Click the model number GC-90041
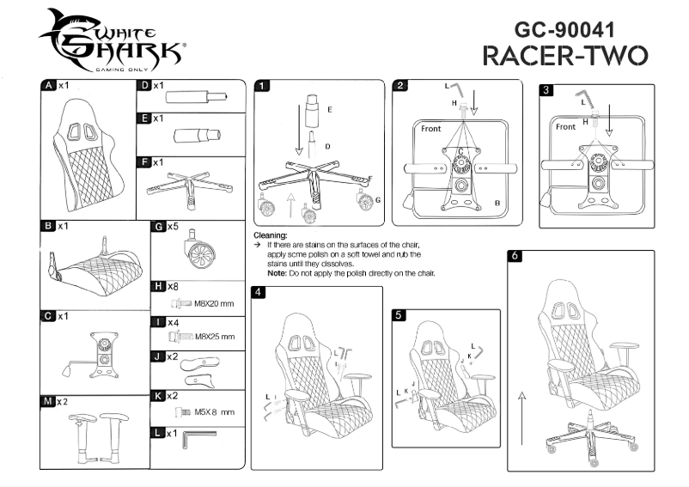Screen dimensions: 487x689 pos(568,27)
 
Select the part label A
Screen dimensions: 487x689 pos(49,86)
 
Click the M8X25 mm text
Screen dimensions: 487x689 pos(215,337)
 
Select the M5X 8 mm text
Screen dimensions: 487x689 pos(215,412)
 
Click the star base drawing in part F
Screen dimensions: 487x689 pos(188,184)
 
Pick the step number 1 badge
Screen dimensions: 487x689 pos(262,86)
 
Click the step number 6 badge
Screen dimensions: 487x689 pos(514,256)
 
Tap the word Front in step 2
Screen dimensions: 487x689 pos(431,128)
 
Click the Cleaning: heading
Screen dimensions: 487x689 pos(271,234)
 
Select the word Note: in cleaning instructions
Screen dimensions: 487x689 pos(277,273)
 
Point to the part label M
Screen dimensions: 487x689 pos(49,401)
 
